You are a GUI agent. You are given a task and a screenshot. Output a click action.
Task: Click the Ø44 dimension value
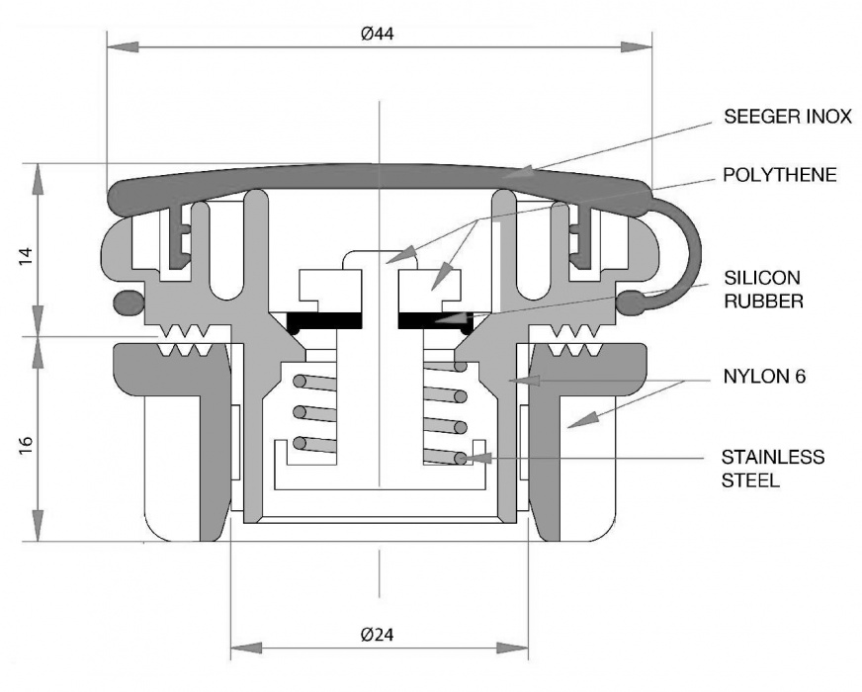click(x=379, y=34)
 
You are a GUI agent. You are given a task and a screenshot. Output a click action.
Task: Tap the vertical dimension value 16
click(x=27, y=439)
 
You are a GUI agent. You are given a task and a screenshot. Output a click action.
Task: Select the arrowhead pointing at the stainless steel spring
click(x=467, y=459)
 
